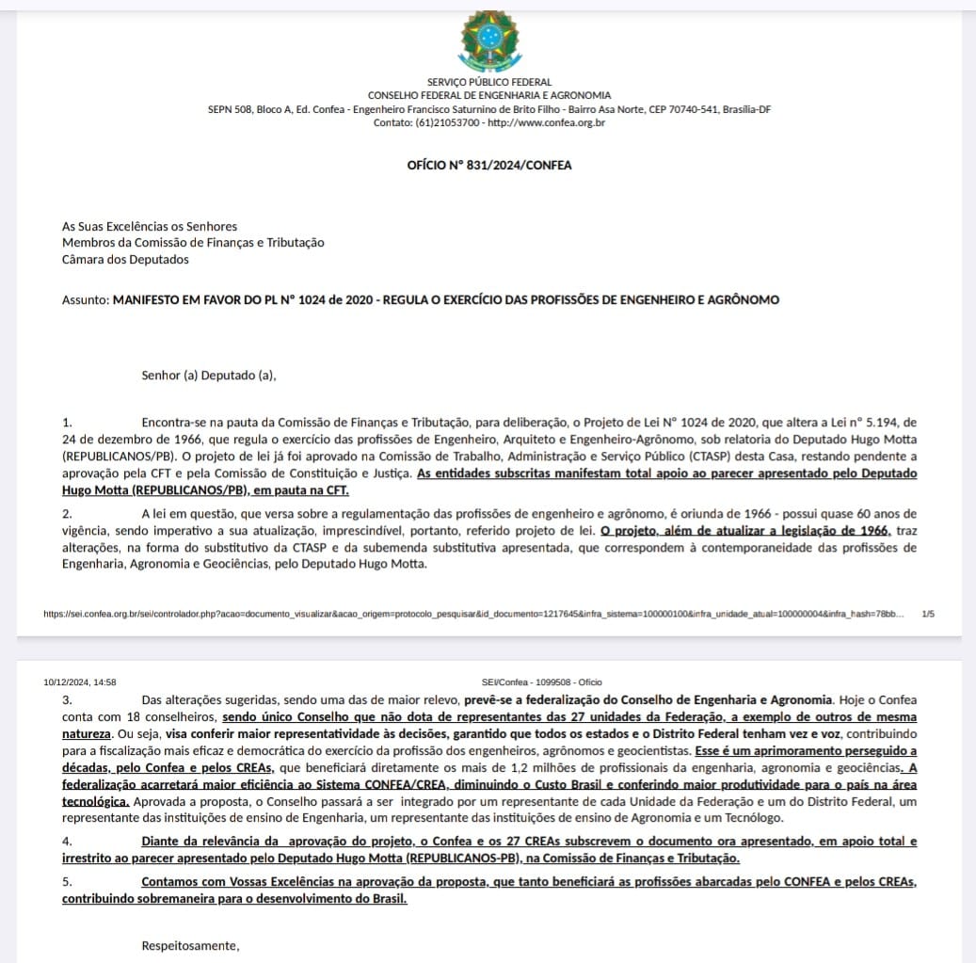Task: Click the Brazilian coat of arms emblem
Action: tap(488, 38)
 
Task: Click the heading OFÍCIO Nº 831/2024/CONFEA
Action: tap(488, 165)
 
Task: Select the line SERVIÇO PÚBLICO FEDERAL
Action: tap(488, 82)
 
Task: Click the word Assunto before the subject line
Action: tap(85, 300)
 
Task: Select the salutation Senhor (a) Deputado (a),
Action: tap(209, 376)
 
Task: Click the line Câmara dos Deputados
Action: tap(125, 259)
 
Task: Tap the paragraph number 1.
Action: tap(66, 423)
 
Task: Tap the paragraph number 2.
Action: tap(67, 513)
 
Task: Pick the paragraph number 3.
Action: tap(67, 699)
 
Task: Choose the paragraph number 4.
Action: tap(67, 841)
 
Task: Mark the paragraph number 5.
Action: tap(67, 881)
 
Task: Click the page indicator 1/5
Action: tap(928, 614)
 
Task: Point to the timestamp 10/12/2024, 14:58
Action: tap(80, 682)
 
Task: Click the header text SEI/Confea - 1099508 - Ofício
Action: tap(541, 682)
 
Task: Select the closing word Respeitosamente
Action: tap(190, 945)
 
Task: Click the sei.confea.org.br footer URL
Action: tap(471, 614)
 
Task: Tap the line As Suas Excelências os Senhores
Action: tap(150, 226)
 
